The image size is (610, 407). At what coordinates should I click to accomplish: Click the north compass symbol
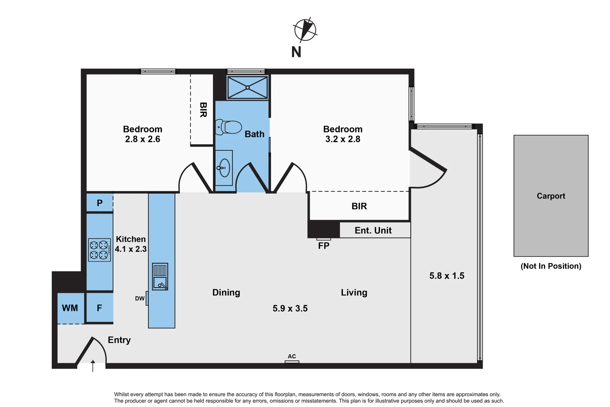pos(305,30)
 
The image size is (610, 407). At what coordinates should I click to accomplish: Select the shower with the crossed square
pos(248,88)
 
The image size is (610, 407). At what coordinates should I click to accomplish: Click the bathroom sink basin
pos(224,168)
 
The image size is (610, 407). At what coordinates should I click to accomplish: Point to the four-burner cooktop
pos(99,250)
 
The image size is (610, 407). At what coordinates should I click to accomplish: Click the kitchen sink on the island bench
pos(160,276)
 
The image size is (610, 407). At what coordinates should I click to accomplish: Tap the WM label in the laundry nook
pos(70,308)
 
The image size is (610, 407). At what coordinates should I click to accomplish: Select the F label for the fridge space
pos(99,308)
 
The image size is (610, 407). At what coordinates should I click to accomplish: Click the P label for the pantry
pos(99,203)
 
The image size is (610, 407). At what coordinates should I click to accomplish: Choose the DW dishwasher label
pos(139,298)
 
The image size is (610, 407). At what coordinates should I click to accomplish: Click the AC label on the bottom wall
pos(292,357)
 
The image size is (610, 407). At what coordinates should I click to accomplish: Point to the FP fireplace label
pos(324,246)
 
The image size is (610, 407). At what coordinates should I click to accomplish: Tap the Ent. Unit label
pos(373,231)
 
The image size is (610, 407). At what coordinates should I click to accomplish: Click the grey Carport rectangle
pos(550,196)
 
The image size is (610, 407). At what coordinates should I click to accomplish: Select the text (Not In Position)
pos(550,266)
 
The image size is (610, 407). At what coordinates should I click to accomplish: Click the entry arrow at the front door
pos(93,366)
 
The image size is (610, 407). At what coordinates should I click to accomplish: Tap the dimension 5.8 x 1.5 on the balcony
pos(446,276)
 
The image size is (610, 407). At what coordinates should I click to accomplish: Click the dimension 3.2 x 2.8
pos(342,139)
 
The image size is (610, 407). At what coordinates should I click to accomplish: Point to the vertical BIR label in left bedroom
pos(203,110)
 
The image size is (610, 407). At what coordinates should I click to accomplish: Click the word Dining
pos(226,293)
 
